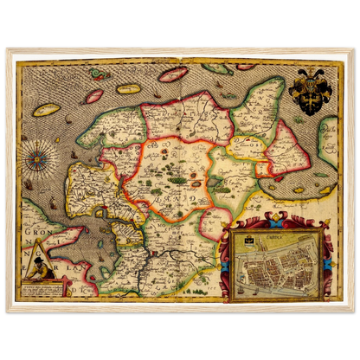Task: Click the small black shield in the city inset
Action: point(251,236)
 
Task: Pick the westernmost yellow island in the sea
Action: point(46,111)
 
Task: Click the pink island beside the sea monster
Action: point(94,95)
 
